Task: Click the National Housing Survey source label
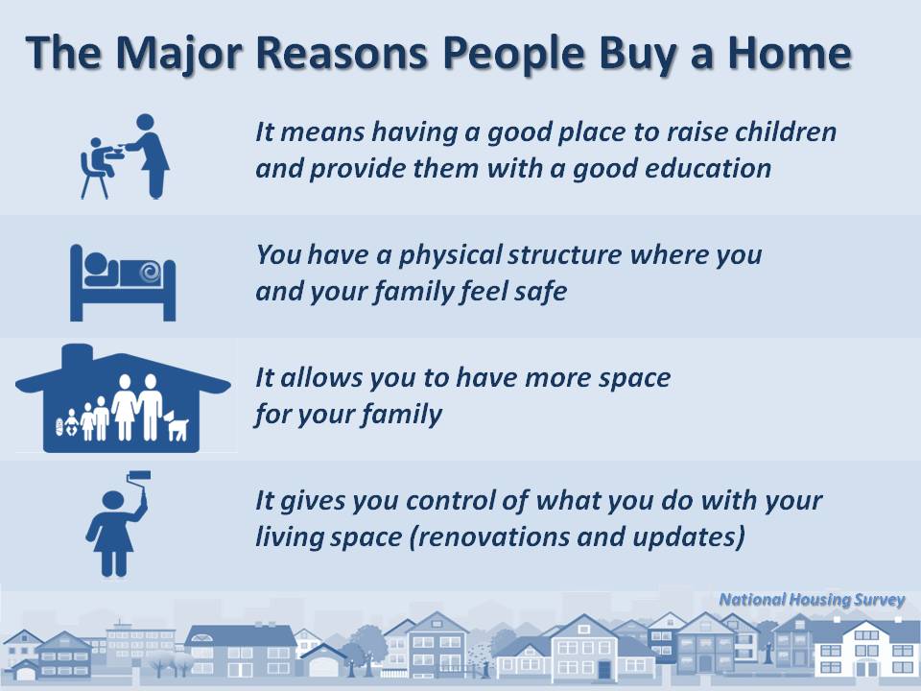[x=812, y=600]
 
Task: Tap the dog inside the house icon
[x=177, y=425]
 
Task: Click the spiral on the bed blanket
[x=151, y=272]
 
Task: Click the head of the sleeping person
[x=96, y=263]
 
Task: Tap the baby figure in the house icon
[x=72, y=422]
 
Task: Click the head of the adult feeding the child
[x=145, y=122]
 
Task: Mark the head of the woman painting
[x=113, y=500]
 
